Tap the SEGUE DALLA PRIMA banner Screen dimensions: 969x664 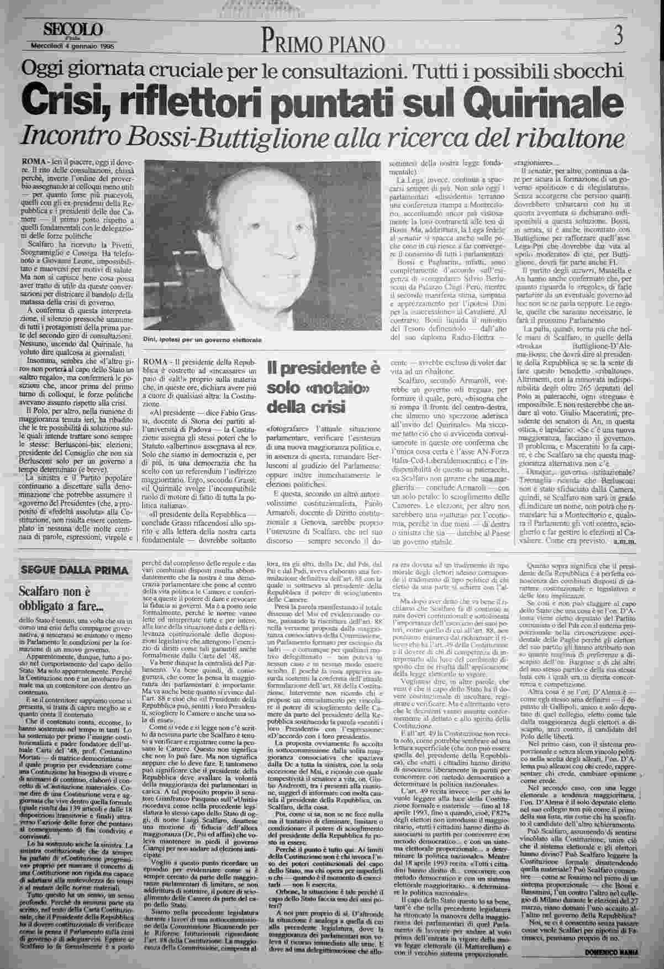click(x=74, y=570)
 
